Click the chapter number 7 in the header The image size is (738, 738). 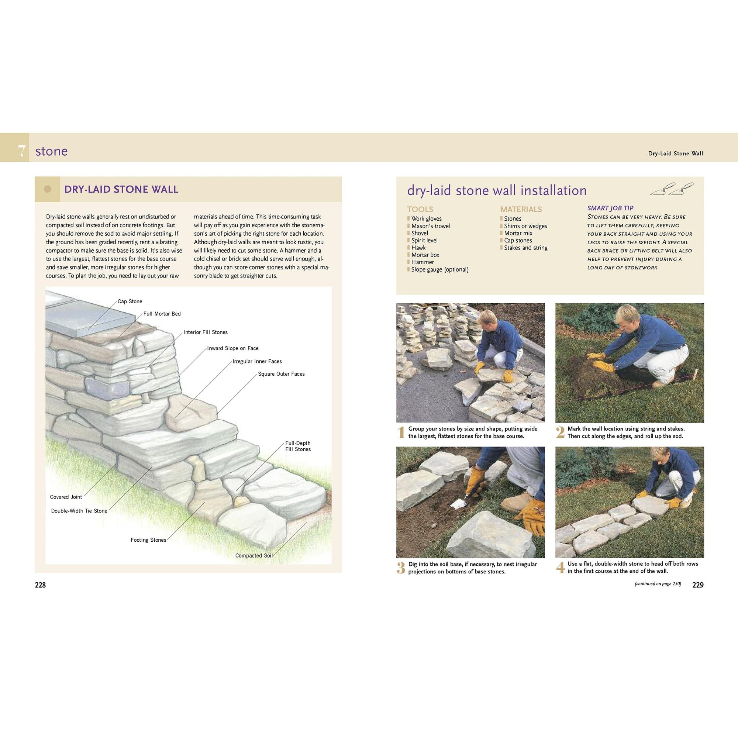point(22,151)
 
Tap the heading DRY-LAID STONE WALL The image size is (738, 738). point(121,189)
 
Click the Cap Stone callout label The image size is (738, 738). point(130,301)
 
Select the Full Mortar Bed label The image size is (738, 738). point(162,314)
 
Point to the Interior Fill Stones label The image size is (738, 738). point(206,332)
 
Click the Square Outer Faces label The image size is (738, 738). point(281,374)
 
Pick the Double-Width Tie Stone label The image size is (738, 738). point(79,511)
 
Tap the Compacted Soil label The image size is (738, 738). point(254,555)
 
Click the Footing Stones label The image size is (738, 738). point(148,540)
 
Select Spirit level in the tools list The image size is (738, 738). point(424,240)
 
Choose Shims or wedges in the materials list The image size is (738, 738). point(525,226)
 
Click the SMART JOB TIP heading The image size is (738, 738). point(610,208)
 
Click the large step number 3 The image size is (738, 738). point(401,568)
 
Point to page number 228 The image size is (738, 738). point(40,585)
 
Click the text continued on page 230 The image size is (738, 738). point(658,584)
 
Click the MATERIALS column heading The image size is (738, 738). point(521,209)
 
